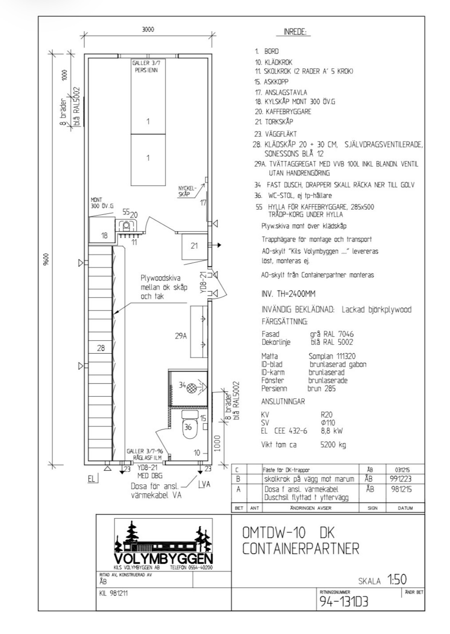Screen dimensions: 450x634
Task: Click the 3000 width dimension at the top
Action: coord(148,29)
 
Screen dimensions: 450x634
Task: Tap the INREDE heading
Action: coord(295,32)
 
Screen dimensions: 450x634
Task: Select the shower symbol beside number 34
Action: coord(192,386)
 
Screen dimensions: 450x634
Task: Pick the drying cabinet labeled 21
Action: coord(195,246)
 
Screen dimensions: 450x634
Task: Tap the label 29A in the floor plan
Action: coord(181,336)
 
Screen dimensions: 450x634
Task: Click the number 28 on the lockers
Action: coord(101,348)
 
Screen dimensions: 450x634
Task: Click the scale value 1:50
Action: coord(397,579)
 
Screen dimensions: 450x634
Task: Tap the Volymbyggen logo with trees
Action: coord(163,544)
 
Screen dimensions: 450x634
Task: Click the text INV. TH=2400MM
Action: coord(288,294)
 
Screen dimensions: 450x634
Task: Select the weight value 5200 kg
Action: coord(333,445)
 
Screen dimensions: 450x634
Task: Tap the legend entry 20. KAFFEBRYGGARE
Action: coord(283,111)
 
